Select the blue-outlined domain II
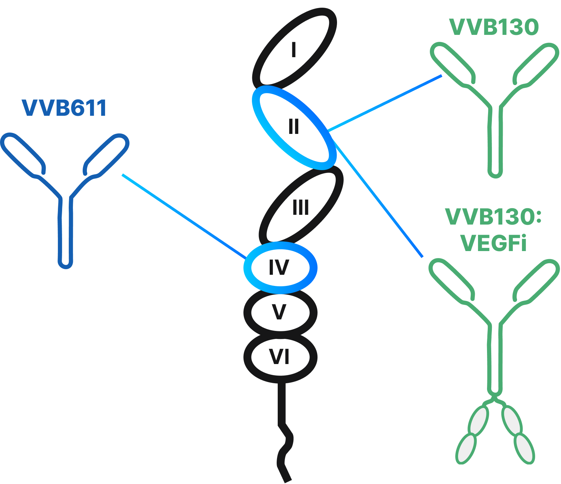[x=294, y=127]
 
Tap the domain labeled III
[x=301, y=207]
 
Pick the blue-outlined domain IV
[x=280, y=268]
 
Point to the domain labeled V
[x=280, y=312]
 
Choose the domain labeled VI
[x=280, y=357]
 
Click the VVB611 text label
[x=64, y=108]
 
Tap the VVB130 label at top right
[x=494, y=27]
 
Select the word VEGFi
[x=493, y=243]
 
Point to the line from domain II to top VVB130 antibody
[x=384, y=104]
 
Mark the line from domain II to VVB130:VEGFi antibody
[x=379, y=199]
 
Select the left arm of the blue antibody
[x=23, y=153]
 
